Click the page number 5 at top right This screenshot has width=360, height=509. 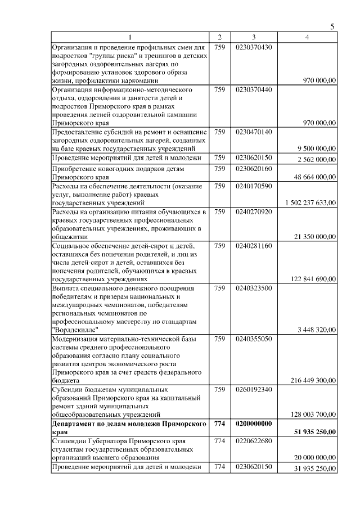[x=332, y=27]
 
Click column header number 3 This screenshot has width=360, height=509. [x=254, y=37]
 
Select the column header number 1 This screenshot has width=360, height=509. [x=130, y=37]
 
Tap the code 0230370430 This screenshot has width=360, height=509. [x=254, y=47]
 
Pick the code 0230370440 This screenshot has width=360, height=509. [x=254, y=89]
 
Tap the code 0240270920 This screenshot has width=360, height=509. [x=254, y=211]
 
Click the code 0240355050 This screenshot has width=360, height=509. [x=254, y=339]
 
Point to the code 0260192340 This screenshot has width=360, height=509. [x=254, y=389]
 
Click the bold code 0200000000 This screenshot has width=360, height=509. [x=254, y=424]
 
